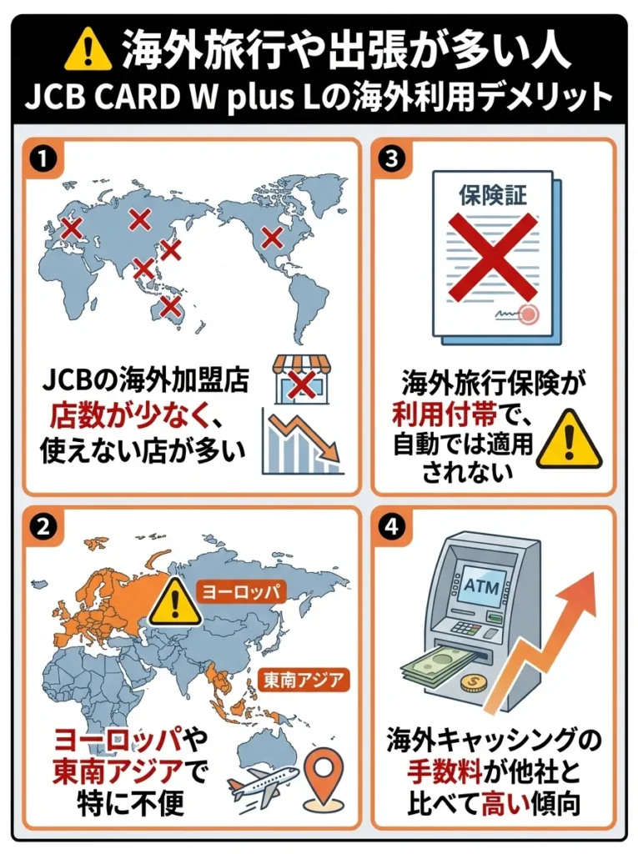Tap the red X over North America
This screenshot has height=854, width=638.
click(x=272, y=237)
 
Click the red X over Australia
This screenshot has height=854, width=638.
click(x=171, y=306)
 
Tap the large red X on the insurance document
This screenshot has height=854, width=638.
click(x=493, y=250)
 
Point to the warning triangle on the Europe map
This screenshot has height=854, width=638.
click(x=175, y=602)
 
